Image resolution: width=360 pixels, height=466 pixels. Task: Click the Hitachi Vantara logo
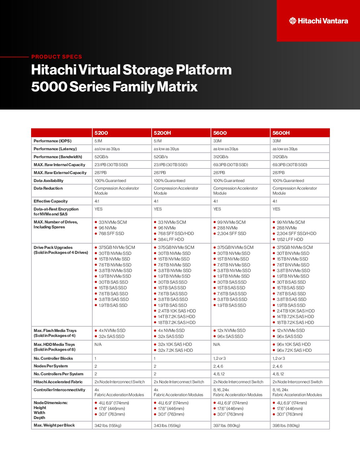(318, 21)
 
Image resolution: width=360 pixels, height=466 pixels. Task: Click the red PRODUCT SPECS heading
(57, 57)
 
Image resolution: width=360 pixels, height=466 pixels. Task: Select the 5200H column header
(162, 133)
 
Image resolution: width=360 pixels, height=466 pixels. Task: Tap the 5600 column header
(220, 133)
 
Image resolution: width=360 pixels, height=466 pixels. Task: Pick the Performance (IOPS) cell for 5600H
(277, 141)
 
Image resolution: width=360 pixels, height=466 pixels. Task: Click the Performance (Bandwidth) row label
(58, 157)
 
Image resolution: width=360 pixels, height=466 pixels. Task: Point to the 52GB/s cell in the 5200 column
(101, 157)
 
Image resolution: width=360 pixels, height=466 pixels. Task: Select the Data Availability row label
(48, 181)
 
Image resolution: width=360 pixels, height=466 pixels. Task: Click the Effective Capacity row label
(51, 201)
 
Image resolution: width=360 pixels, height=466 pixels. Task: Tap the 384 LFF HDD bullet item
(171, 239)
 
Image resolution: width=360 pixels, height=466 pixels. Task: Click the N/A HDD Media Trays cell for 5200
(98, 345)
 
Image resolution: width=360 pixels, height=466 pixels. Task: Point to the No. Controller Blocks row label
(53, 358)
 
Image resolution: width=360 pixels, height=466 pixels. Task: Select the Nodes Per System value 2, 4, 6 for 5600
(218, 366)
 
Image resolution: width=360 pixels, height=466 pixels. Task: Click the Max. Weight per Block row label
(54, 425)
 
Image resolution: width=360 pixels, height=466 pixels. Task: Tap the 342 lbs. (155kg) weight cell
(108, 426)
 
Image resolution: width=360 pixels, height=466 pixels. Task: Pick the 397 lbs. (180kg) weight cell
(227, 426)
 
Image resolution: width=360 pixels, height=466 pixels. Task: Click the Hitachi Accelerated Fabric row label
(58, 382)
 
